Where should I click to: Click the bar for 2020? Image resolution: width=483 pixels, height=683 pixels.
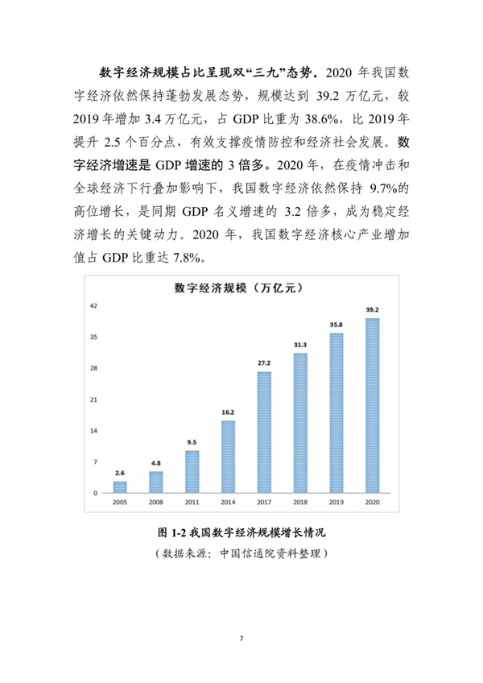[373, 406]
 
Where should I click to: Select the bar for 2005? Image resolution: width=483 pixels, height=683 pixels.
[120, 487]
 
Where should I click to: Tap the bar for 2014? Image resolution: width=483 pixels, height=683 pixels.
[228, 457]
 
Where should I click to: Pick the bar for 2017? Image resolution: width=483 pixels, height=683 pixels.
[264, 432]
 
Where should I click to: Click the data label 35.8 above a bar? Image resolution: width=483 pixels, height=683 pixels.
[336, 325]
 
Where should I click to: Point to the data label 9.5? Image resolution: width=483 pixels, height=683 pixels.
[192, 442]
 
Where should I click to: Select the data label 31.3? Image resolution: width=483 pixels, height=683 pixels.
[300, 345]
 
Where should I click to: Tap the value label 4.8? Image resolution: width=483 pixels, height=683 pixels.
[156, 463]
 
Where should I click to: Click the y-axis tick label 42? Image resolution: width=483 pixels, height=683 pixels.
[93, 306]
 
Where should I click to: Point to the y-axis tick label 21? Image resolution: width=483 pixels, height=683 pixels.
[93, 399]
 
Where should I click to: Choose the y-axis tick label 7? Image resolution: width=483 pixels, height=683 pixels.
[95, 462]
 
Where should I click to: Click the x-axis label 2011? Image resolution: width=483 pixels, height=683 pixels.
[192, 503]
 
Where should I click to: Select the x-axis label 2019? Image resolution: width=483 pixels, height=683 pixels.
[336, 503]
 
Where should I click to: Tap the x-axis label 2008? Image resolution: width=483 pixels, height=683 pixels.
[156, 503]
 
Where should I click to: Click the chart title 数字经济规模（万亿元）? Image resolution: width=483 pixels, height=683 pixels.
[238, 288]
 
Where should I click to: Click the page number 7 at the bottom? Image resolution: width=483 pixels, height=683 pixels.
[242, 639]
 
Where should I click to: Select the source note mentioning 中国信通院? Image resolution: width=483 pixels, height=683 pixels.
[242, 553]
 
